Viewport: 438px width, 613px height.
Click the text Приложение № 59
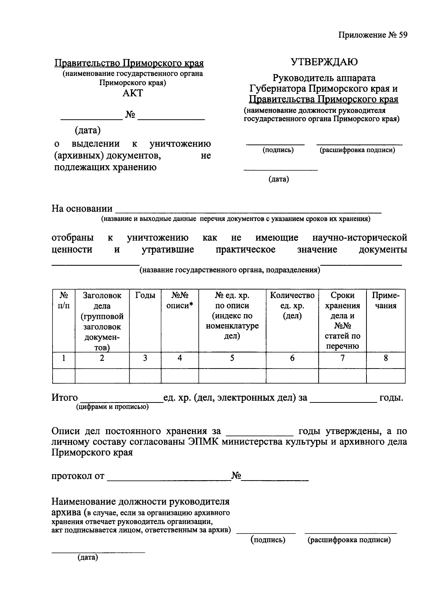(372, 35)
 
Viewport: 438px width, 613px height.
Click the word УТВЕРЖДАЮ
(324, 62)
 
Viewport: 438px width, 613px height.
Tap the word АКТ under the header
(132, 93)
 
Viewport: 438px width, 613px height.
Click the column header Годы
(145, 295)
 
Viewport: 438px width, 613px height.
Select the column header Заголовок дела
(102, 300)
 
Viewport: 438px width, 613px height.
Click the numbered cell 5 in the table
(232, 358)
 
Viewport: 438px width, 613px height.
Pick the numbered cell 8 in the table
(385, 358)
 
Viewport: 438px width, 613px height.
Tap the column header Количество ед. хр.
(292, 300)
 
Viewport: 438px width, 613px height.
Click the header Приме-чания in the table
(385, 300)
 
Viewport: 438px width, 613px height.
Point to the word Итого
(65, 397)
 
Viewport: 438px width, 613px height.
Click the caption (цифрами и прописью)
(112, 407)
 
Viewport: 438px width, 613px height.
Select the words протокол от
(78, 476)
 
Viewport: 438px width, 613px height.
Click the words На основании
(82, 209)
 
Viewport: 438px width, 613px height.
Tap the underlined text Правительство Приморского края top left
(129, 63)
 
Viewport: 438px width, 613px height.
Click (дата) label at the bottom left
(88, 558)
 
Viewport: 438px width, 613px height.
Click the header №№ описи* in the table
(180, 300)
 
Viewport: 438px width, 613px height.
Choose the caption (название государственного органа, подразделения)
(230, 270)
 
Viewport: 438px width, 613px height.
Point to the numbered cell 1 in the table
(64, 358)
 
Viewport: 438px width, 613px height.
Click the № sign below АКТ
(130, 115)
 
